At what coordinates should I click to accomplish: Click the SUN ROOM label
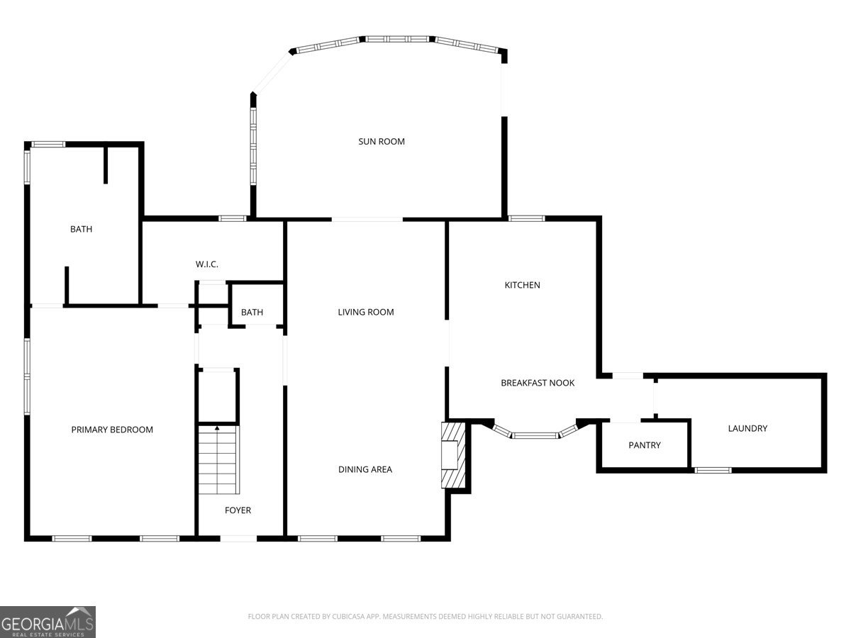(x=382, y=142)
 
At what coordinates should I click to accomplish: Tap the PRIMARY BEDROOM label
(x=112, y=430)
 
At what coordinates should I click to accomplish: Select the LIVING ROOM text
(x=365, y=312)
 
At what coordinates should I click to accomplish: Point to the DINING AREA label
(x=365, y=469)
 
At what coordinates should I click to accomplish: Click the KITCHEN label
(x=522, y=285)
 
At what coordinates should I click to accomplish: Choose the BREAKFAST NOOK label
(x=538, y=383)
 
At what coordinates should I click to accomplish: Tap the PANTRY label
(x=645, y=445)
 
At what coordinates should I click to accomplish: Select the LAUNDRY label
(x=747, y=428)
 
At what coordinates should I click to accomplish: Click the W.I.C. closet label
(x=207, y=264)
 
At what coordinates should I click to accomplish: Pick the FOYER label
(x=238, y=510)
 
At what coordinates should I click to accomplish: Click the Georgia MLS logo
(x=48, y=622)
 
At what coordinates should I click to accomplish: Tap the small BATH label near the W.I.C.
(x=252, y=313)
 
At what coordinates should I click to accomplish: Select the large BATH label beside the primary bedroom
(x=81, y=229)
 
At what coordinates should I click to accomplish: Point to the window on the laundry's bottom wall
(x=713, y=469)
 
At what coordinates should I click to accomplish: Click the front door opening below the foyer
(x=238, y=539)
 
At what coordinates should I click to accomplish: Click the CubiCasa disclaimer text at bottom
(x=425, y=617)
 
